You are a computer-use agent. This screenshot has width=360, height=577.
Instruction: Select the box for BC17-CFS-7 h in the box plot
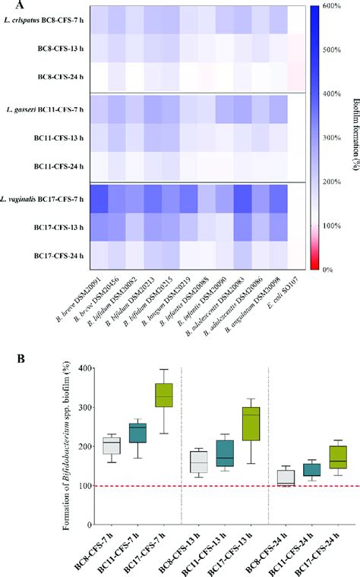point(159,395)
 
